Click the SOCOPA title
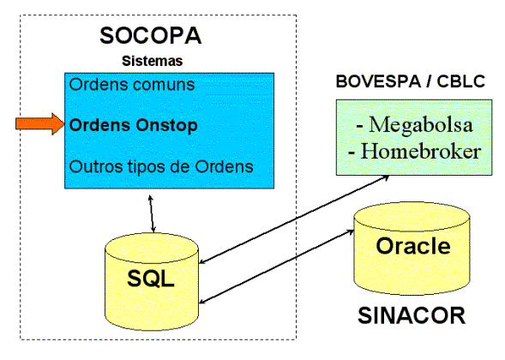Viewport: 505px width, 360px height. (151, 35)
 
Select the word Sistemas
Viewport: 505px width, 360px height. (153, 61)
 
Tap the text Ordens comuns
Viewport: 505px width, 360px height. (132, 85)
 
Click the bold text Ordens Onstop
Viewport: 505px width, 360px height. (134, 126)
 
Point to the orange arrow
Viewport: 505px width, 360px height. (40, 124)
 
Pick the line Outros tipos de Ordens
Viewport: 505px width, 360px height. (161, 167)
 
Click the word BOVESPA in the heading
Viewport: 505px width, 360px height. (378, 81)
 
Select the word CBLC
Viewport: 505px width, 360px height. (461, 81)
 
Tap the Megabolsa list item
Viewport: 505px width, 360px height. (414, 124)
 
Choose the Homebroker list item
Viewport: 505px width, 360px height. (415, 151)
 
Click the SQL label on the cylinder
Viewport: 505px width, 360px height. (151, 279)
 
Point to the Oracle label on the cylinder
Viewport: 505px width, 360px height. (413, 246)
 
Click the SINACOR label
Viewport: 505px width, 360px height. (412, 315)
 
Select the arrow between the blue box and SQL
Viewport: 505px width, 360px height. (152, 213)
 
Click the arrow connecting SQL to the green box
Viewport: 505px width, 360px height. (294, 219)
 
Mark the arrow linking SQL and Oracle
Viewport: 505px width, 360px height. (277, 267)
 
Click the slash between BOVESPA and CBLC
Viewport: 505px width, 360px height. (429, 81)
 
